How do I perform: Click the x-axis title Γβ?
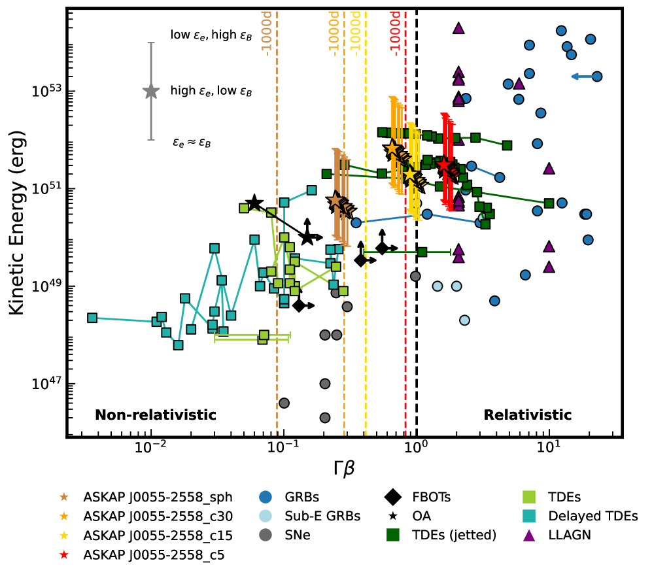click(343, 468)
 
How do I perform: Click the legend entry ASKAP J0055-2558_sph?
click(152, 496)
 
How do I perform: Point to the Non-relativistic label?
click(155, 415)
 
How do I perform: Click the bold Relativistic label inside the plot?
click(527, 415)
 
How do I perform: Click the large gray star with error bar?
click(151, 91)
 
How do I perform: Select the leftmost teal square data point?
click(92, 318)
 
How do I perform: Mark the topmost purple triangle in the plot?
click(458, 28)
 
